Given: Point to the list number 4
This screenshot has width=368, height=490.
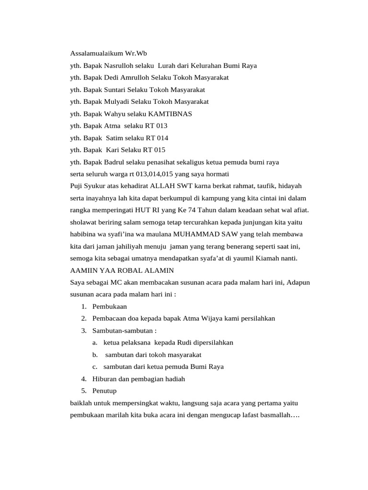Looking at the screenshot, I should (83, 379).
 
